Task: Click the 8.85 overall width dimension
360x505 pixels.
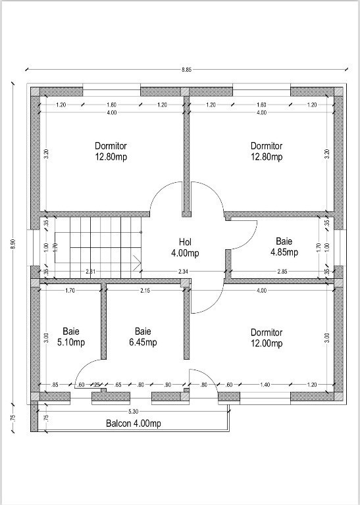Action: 186,69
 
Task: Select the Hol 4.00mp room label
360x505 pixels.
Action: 185,247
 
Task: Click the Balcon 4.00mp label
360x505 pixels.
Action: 134,423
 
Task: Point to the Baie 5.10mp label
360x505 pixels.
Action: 71,337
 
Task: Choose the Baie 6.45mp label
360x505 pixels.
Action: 143,337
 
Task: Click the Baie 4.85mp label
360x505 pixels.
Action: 284,247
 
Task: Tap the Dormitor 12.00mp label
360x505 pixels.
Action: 267,338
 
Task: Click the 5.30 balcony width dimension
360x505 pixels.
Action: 133,411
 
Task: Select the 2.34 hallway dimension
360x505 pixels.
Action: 183,272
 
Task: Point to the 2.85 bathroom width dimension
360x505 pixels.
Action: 282,272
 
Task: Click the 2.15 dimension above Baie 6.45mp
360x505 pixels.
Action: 145,291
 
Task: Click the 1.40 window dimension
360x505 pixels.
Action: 265,384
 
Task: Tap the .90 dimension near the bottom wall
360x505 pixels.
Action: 168,385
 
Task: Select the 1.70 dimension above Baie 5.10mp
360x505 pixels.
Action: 70,291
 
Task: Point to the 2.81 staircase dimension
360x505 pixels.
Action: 91,272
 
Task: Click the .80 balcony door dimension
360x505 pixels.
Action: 203,385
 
